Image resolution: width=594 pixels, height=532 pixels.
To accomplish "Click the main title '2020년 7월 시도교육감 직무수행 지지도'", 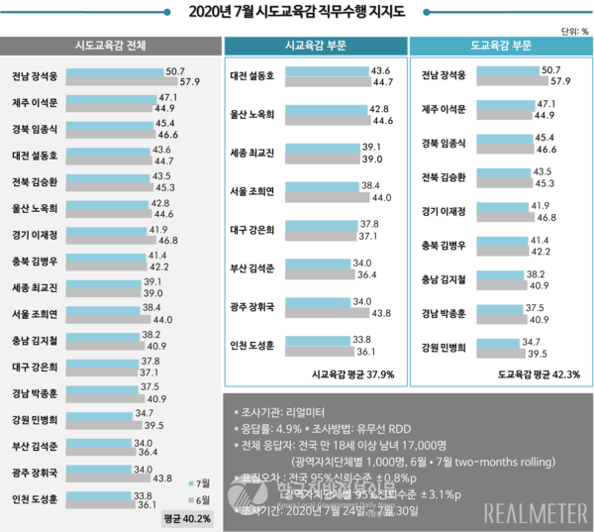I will point(297,13).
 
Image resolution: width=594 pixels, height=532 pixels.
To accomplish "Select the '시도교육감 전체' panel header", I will point(111,47).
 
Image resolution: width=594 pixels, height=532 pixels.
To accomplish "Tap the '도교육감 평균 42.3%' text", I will point(539,374).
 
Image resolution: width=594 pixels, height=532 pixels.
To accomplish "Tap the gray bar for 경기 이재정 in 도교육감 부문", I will point(490,216).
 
